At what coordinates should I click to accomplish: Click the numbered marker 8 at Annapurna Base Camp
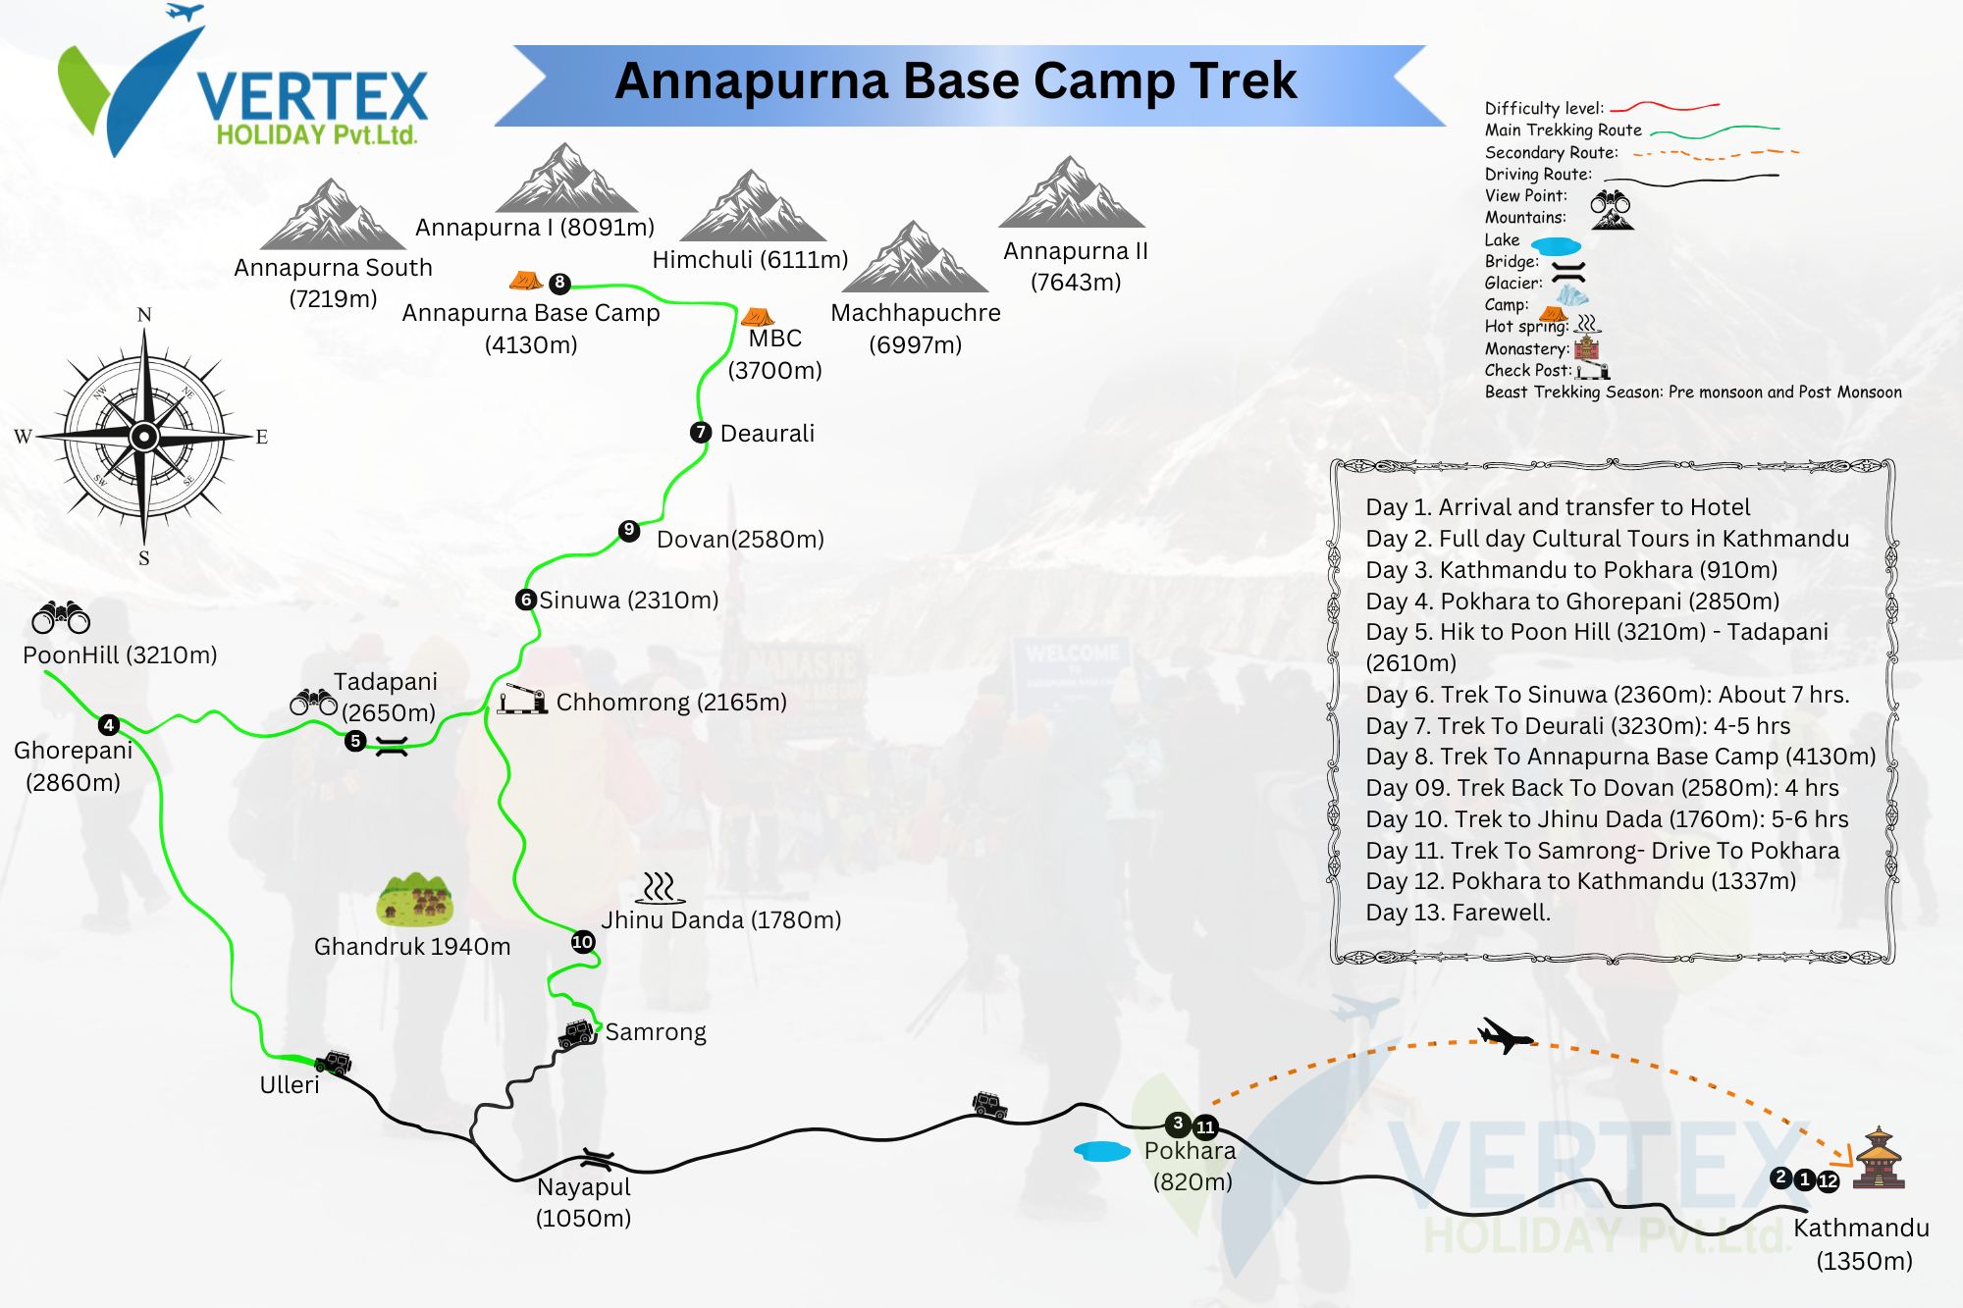(559, 283)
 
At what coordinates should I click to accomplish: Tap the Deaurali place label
(767, 434)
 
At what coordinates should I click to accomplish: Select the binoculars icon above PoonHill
(61, 617)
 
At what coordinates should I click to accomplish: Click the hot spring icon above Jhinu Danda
(660, 887)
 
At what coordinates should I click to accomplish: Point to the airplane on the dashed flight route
(1504, 1035)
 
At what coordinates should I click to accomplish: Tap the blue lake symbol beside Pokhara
(1102, 1151)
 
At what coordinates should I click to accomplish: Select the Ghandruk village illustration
(415, 899)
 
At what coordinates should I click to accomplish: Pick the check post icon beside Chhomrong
(521, 699)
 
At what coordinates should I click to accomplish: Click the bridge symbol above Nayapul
(597, 1159)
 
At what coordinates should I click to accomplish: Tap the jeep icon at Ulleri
(334, 1062)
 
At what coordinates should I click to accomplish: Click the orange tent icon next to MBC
(757, 317)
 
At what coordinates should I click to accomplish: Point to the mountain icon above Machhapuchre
(915, 257)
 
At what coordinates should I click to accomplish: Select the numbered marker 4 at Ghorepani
(109, 725)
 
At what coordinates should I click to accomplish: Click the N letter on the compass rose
(144, 315)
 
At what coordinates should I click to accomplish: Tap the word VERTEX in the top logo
(312, 97)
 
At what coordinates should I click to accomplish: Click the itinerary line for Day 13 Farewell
(1458, 913)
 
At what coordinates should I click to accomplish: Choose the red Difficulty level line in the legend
(1664, 106)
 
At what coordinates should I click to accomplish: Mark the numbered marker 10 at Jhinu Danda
(583, 942)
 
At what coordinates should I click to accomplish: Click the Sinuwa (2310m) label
(628, 600)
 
